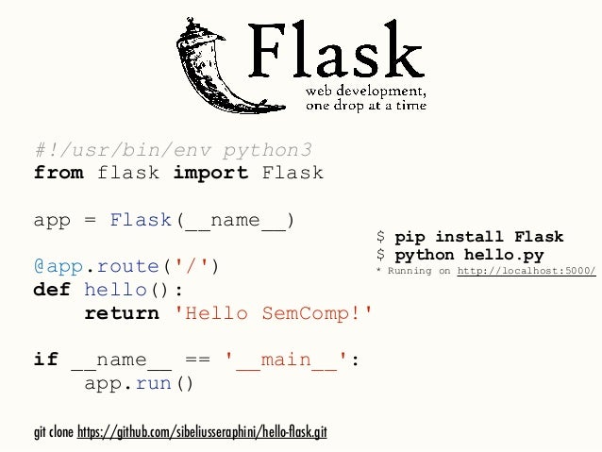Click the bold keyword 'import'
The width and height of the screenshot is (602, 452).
coord(210,175)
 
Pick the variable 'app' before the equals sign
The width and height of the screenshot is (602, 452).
coord(53,221)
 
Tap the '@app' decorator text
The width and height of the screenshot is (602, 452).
coord(59,266)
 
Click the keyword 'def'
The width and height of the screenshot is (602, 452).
coord(53,290)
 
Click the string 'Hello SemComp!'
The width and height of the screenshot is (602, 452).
coord(274,312)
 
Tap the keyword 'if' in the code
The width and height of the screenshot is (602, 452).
coord(46,360)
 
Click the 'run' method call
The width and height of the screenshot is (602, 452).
coord(154,383)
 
